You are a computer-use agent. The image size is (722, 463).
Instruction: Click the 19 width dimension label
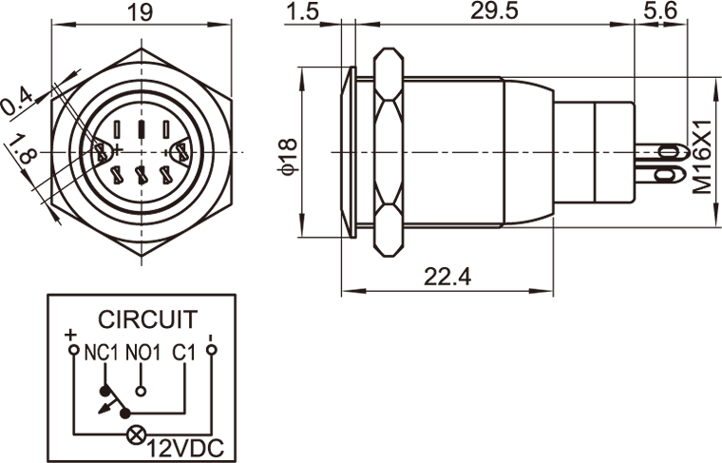tap(139, 11)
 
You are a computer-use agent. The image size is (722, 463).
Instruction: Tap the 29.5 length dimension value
tap(495, 11)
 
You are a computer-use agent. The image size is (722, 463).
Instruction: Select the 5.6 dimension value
tap(660, 11)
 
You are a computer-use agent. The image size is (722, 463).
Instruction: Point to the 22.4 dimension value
tap(447, 277)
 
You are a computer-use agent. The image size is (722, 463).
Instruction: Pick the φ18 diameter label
tap(289, 157)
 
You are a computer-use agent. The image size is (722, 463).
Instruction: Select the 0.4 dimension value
tap(17, 101)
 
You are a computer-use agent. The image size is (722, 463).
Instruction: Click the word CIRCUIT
tap(148, 319)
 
